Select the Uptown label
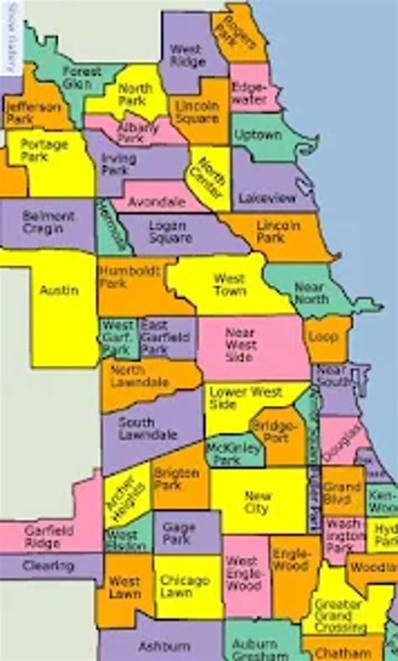259,134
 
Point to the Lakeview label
266,199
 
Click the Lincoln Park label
280,232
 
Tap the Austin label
59,290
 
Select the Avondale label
158,201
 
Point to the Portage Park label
44,149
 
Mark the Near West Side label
240,344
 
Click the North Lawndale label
139,377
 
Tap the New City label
257,502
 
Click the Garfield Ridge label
49,536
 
